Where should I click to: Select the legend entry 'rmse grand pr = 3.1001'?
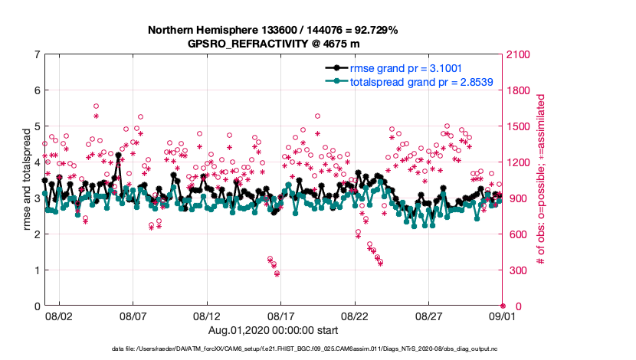405,67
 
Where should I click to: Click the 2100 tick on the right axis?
518,54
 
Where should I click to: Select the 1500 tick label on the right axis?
518,126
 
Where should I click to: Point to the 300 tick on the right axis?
516,270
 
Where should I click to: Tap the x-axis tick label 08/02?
59,316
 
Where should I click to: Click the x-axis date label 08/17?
281,316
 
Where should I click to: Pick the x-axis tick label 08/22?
356,316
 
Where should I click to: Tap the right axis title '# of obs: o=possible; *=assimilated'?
541,180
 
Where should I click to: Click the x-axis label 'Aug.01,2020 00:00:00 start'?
272,329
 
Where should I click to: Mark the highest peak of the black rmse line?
119,155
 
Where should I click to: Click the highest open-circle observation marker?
96,106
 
